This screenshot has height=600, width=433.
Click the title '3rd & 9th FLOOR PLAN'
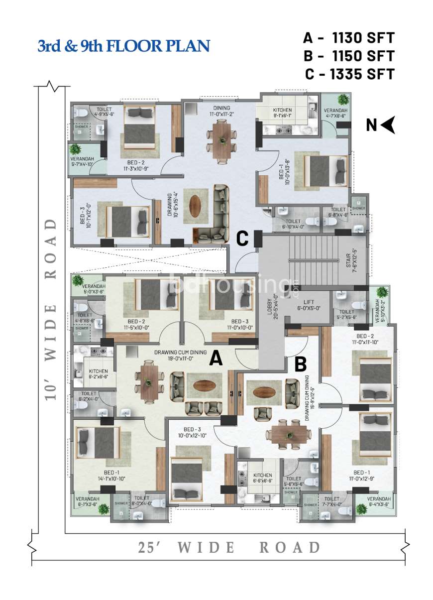123,46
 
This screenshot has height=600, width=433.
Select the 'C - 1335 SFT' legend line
349,74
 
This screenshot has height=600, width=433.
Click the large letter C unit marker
242,239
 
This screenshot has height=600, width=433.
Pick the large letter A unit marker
216,358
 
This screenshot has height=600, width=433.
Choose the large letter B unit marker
300,364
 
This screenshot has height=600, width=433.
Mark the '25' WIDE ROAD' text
229,547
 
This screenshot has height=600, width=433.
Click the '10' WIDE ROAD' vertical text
52,309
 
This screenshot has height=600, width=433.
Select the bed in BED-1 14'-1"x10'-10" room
98,444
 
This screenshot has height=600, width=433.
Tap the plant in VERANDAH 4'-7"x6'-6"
343,99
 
